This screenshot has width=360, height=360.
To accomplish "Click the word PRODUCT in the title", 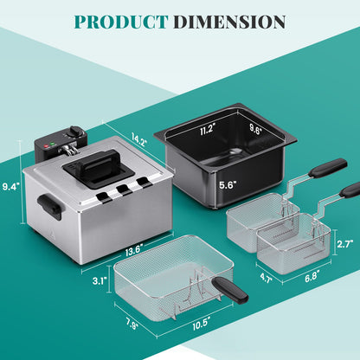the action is [121, 22].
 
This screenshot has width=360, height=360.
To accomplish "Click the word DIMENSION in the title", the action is [230, 22].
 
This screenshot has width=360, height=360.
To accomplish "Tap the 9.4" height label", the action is [11, 187].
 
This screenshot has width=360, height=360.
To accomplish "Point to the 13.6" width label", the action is [134, 251].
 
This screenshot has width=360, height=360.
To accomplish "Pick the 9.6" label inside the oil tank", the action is [255, 130].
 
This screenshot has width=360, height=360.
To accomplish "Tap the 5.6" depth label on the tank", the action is [228, 185].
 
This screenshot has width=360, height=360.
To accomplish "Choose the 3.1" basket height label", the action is [100, 280].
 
